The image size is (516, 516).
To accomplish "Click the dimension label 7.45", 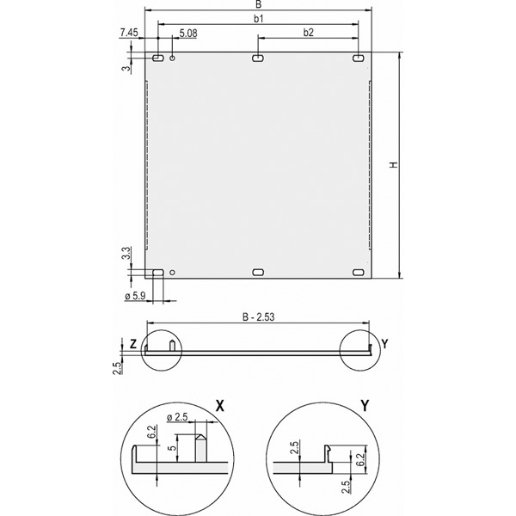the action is [x=129, y=33].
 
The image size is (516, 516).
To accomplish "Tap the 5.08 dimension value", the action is [x=188, y=34].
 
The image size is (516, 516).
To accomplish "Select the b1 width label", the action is [x=259, y=19].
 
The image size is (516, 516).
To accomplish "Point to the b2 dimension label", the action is [x=309, y=33].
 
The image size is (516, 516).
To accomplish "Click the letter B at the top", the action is [x=259, y=4].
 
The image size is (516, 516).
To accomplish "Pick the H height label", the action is [x=394, y=164].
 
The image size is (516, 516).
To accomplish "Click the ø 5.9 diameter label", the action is [x=135, y=296].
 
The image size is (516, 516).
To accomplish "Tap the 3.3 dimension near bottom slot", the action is [x=126, y=253].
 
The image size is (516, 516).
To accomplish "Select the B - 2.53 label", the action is [x=258, y=317].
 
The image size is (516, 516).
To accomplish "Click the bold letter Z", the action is [x=133, y=344].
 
